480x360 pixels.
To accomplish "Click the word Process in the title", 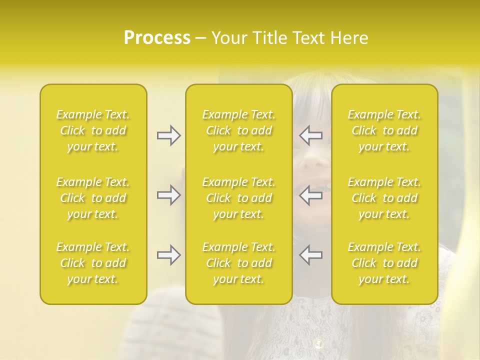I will (x=157, y=38).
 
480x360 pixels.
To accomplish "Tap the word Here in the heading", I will (x=349, y=38).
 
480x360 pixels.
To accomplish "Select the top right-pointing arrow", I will (x=168, y=135).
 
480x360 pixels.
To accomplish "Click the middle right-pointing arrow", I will (x=168, y=195).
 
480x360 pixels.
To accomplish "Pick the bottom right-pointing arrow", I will (x=168, y=255).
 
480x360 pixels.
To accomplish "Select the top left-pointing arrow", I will (x=311, y=135).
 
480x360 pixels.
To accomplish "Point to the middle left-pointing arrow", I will (x=311, y=195).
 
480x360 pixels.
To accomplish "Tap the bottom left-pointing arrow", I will (x=311, y=255).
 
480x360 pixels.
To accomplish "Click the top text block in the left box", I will (x=93, y=130).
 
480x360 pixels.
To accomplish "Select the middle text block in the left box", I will (x=93, y=198).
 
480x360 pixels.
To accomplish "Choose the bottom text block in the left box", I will (x=93, y=263).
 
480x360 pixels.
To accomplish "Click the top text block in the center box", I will (x=238, y=130).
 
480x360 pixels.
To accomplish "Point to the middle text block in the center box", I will (x=238, y=198).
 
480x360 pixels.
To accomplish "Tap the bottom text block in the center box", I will (x=238, y=263).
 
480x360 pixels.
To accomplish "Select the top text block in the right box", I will (x=384, y=130).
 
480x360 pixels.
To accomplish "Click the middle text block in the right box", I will (x=384, y=198).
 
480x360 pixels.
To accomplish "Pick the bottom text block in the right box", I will (x=384, y=263).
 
